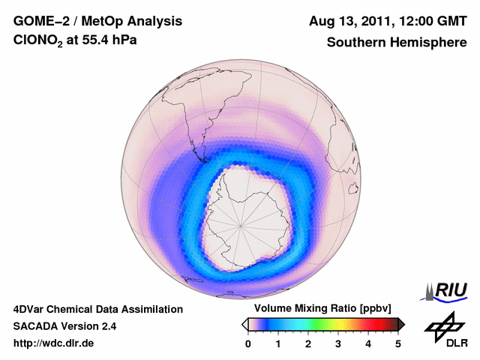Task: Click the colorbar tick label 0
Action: pyautogui.click(x=248, y=343)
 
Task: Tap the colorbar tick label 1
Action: pyautogui.click(x=278, y=343)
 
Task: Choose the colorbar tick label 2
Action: pyautogui.click(x=308, y=343)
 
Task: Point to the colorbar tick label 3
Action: pyautogui.click(x=338, y=343)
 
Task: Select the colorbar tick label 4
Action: pyautogui.click(x=368, y=343)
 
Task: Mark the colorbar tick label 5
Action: pyautogui.click(x=398, y=343)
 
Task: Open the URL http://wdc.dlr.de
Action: pyautogui.click(x=54, y=343)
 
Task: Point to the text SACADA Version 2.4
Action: pyautogui.click(x=64, y=326)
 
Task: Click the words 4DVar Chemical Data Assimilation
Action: pyautogui.click(x=97, y=309)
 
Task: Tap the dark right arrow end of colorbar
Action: pyautogui.click(x=401, y=324)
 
